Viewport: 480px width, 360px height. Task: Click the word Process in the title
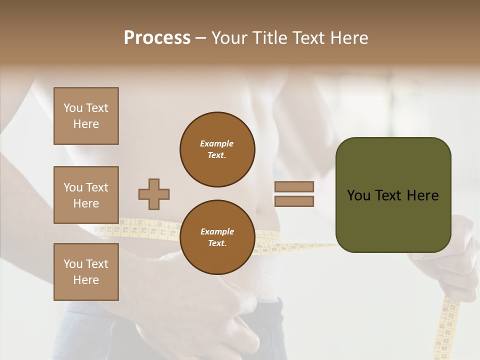[157, 38]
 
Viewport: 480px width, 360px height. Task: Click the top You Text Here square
[86, 116]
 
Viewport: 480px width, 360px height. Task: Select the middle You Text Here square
[86, 195]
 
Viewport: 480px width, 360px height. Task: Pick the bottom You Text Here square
[86, 272]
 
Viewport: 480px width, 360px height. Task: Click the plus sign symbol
[154, 194]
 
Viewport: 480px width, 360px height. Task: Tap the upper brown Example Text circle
[217, 149]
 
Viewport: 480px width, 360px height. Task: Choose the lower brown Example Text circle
[217, 237]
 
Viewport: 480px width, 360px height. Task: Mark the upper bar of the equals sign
[294, 186]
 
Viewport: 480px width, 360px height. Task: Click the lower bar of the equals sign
[294, 201]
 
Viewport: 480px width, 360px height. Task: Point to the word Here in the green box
[422, 195]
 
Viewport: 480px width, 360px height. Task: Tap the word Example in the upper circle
[217, 143]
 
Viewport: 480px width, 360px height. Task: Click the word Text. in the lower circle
[217, 243]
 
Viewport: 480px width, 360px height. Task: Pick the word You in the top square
[73, 108]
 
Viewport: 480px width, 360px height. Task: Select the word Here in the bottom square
[86, 280]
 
